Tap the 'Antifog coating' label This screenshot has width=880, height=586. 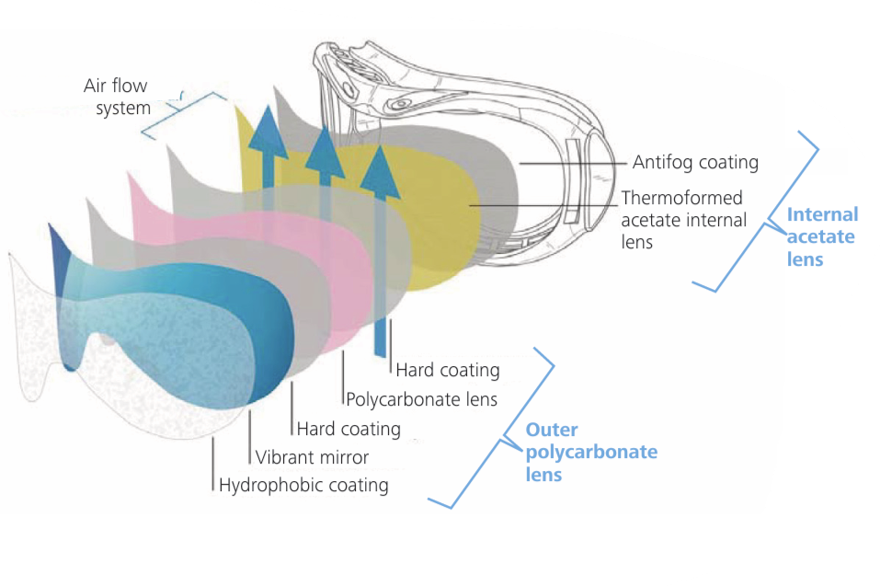point(695,163)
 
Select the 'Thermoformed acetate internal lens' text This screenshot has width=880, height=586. point(682,220)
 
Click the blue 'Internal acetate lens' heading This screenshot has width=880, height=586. point(822,236)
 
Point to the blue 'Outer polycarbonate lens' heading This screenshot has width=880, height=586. point(590,453)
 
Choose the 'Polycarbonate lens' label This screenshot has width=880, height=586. point(421,399)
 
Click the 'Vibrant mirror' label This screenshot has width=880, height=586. point(312,457)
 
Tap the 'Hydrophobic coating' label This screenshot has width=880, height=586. point(303,485)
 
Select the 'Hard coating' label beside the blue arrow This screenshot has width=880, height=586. point(448,371)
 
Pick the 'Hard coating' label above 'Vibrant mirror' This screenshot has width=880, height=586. point(349,429)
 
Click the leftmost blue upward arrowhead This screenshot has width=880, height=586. point(267,124)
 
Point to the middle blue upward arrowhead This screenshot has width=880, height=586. point(324,147)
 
